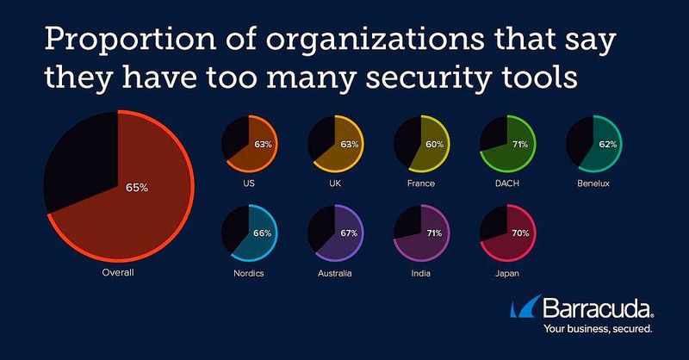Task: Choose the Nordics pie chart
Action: click(248, 233)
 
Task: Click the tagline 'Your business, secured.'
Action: click(597, 329)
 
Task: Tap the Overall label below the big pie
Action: click(117, 273)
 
